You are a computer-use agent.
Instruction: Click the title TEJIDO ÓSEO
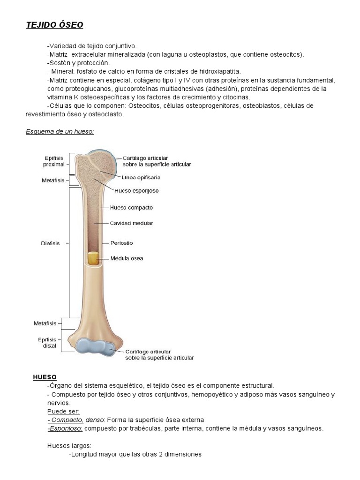click(x=54, y=25)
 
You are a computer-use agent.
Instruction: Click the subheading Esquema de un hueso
click(x=60, y=131)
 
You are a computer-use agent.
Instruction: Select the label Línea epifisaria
click(x=141, y=178)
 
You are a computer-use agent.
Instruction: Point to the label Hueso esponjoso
click(x=136, y=191)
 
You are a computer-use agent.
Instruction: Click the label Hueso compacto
click(x=131, y=207)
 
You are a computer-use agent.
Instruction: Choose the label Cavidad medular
click(x=132, y=223)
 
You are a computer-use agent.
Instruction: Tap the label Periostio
click(x=122, y=243)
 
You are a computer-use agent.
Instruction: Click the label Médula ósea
click(x=127, y=258)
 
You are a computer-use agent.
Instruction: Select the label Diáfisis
click(x=50, y=243)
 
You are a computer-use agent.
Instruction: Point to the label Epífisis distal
click(x=47, y=343)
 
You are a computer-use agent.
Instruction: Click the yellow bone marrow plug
click(x=93, y=259)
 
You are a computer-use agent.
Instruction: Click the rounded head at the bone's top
click(x=98, y=164)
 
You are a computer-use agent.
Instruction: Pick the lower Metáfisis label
click(x=45, y=323)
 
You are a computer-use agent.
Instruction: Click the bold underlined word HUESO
click(x=45, y=377)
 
